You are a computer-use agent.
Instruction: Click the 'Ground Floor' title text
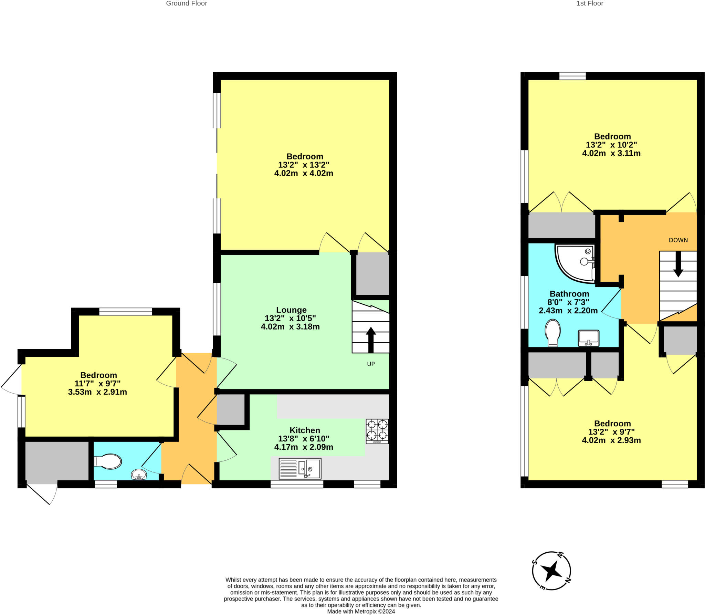[x=186, y=3]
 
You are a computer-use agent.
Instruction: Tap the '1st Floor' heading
[x=590, y=3]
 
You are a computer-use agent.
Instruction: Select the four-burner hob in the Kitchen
[x=377, y=431]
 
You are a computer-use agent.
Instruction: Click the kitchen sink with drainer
[x=300, y=468]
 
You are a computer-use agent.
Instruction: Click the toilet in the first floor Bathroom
[x=553, y=332]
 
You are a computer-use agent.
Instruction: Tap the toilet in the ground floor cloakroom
[x=108, y=461]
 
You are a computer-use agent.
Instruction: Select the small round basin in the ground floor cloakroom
[x=139, y=475]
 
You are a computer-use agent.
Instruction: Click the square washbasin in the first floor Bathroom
[x=589, y=338]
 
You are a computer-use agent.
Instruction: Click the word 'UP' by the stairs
[x=371, y=364]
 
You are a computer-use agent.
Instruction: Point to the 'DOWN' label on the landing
[x=678, y=240]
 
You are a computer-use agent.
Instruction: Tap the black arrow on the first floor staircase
[x=678, y=264]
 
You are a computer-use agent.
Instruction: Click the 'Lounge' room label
[x=291, y=310]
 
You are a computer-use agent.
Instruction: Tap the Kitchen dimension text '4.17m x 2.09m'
[x=304, y=447]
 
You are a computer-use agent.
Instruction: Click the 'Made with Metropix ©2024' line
[x=361, y=612]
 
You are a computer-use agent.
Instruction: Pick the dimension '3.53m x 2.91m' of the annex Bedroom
[x=97, y=392]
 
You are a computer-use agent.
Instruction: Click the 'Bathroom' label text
[x=569, y=294]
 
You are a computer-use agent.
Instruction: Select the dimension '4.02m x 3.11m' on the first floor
[x=611, y=153]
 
